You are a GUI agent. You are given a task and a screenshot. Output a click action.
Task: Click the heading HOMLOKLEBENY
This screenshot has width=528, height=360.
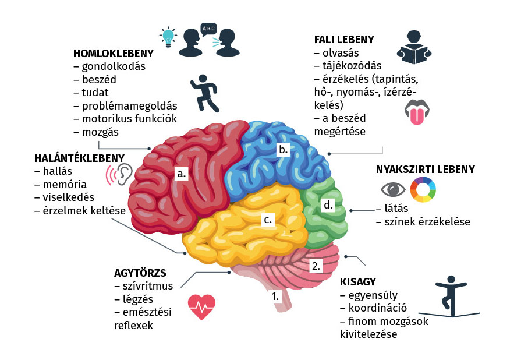coord(113,54)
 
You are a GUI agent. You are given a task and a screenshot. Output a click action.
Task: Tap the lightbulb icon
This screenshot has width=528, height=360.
coord(168,37)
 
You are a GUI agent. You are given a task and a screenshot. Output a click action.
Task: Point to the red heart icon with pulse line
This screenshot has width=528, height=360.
coord(202,306)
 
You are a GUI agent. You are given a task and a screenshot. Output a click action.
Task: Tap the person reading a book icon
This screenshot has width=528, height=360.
coord(416,48)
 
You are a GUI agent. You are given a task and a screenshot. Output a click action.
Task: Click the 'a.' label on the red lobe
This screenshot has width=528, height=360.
coord(182,173)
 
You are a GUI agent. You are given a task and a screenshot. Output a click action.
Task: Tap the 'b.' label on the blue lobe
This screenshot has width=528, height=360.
coord(283,149)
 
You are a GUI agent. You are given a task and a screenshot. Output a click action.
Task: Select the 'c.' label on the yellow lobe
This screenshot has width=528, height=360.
coord(268,220)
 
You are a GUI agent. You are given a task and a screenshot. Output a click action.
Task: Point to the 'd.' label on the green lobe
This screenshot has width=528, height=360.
coord(328,205)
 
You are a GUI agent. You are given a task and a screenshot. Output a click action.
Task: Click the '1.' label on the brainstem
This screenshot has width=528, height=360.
coord(275,295)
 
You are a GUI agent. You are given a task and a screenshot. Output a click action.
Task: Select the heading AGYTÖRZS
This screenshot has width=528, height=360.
coord(140,273)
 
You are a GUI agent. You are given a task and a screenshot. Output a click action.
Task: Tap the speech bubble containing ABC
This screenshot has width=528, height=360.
coord(207,28)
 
